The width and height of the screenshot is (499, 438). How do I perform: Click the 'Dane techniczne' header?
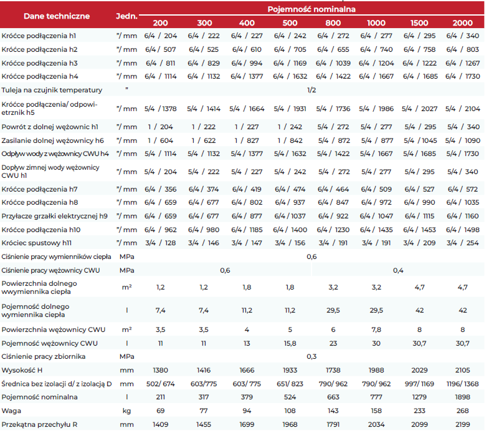(57, 16)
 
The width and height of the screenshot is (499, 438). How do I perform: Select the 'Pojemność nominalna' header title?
(311, 9)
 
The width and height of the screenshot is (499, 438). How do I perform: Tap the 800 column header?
(333, 23)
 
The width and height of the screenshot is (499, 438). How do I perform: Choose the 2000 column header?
(462, 23)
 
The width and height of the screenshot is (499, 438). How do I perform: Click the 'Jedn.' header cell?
(126, 16)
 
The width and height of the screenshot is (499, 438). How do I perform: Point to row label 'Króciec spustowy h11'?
(37, 243)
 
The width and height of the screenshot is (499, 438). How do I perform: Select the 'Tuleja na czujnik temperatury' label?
(52, 90)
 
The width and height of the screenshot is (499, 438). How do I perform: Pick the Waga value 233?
(419, 411)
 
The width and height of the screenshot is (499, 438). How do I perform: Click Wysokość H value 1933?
(290, 370)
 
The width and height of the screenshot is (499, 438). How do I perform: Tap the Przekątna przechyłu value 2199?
(462, 425)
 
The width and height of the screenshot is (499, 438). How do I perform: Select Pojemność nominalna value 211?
(160, 397)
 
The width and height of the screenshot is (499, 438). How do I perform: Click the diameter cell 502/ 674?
(160, 384)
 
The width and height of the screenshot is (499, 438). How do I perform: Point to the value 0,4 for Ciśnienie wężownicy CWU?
(398, 271)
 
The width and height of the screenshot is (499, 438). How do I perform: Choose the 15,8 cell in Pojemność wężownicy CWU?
(290, 343)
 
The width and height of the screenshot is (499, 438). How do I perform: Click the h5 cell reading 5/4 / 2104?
(462, 109)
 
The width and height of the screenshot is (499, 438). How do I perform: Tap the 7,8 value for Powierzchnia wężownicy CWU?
(376, 329)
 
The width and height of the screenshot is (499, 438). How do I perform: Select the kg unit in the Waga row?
(126, 411)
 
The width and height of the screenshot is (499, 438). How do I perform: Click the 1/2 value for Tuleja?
(311, 90)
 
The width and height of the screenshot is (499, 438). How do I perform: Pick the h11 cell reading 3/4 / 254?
(462, 243)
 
